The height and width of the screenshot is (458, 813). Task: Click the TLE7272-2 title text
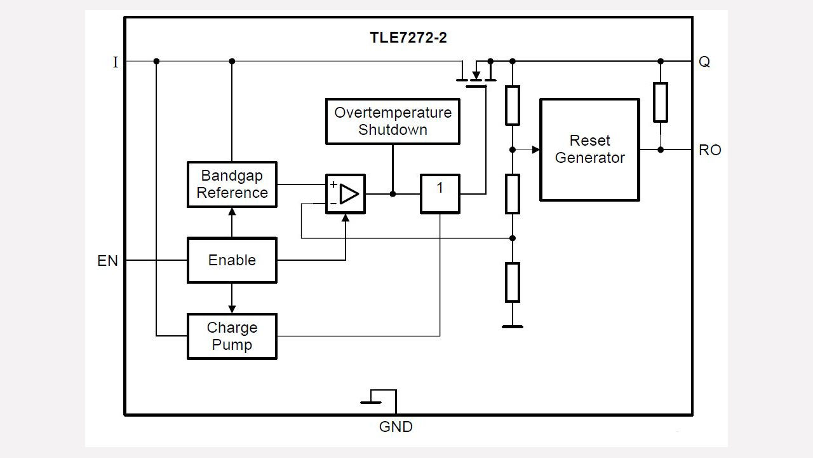pyautogui.click(x=408, y=38)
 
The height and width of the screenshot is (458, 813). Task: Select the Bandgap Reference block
pyautogui.click(x=232, y=184)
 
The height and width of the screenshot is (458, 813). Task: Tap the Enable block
pyautogui.click(x=232, y=260)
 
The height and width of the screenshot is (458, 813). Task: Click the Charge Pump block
pyautogui.click(x=232, y=337)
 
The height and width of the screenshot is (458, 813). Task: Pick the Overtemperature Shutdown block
pyautogui.click(x=393, y=121)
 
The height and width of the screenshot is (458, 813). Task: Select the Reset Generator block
pyautogui.click(x=589, y=149)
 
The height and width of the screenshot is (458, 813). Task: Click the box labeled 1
pyautogui.click(x=440, y=193)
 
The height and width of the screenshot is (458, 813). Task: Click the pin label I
pyautogui.click(x=115, y=62)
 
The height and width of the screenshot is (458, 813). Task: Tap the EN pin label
pyautogui.click(x=107, y=261)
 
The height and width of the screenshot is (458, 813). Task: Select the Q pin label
pyautogui.click(x=704, y=62)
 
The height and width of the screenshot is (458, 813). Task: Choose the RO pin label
pyautogui.click(x=709, y=150)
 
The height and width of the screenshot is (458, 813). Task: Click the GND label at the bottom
pyautogui.click(x=396, y=427)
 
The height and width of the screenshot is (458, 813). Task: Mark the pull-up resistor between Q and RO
pyautogui.click(x=661, y=102)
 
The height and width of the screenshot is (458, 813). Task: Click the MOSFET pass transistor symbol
pyautogui.click(x=476, y=74)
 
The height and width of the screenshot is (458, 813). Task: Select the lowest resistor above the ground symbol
pyautogui.click(x=513, y=282)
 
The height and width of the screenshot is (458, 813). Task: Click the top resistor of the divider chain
pyautogui.click(x=513, y=105)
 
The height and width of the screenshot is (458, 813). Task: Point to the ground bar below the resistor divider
pyautogui.click(x=513, y=326)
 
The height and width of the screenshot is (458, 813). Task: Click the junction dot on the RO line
pyautogui.click(x=661, y=149)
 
